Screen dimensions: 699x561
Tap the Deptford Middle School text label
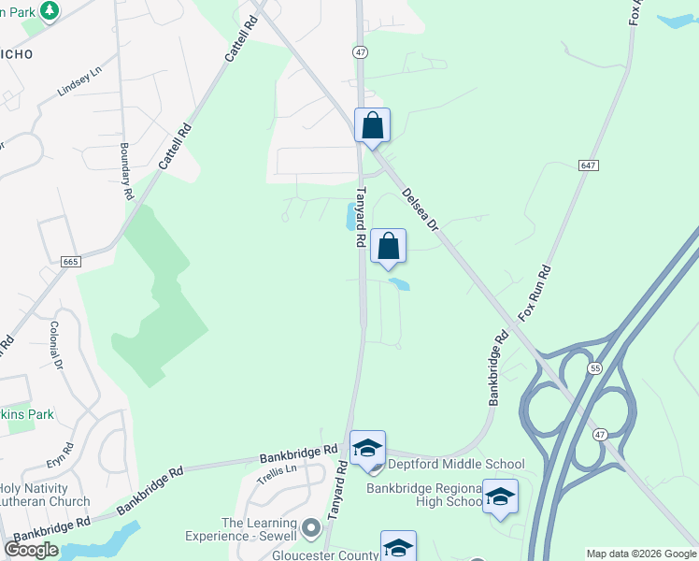[455, 465]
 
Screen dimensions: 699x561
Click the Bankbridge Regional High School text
[423, 495]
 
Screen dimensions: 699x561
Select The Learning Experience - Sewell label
[259, 529]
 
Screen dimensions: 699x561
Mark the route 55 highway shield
[595, 369]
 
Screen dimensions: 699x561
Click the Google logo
[32, 550]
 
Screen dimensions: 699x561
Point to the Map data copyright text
[639, 554]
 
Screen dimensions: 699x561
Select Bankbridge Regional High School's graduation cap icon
[500, 496]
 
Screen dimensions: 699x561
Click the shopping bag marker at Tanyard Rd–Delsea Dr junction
[372, 125]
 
